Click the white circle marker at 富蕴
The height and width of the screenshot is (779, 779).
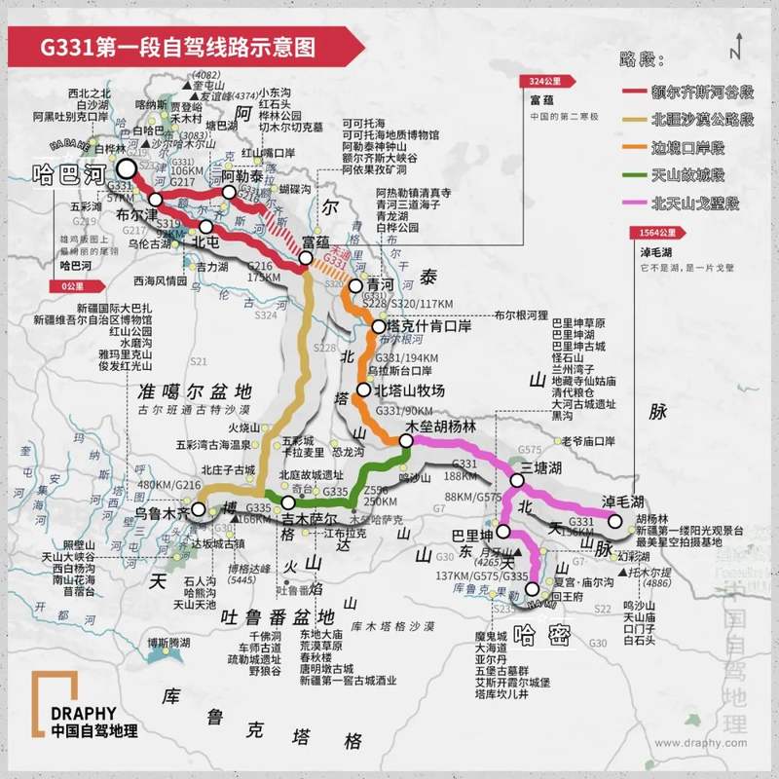306,258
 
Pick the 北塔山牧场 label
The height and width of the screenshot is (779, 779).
409,390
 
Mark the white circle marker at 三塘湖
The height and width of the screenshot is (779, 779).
518,480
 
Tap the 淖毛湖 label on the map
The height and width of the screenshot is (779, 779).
624,501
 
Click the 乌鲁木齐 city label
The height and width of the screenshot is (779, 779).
162,510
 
